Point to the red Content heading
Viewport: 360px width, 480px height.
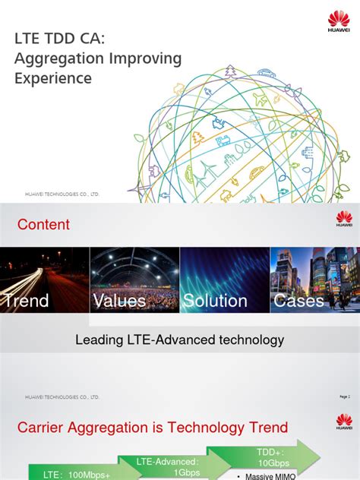pos(43,225)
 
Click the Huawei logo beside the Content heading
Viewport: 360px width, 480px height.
pos(344,219)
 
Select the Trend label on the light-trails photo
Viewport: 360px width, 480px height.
pos(26,301)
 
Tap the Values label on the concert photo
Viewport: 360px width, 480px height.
pos(119,301)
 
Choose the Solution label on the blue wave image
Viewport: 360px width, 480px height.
pos(215,301)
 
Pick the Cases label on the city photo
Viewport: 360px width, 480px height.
pos(298,301)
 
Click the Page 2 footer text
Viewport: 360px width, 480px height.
pos(344,396)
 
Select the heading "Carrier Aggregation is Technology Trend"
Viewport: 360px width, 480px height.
pos(153,428)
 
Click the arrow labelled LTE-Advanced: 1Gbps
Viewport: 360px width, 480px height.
pos(167,465)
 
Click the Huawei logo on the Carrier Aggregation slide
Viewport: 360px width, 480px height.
pos(344,422)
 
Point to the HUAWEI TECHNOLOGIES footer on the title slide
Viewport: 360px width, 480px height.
pos(62,194)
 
